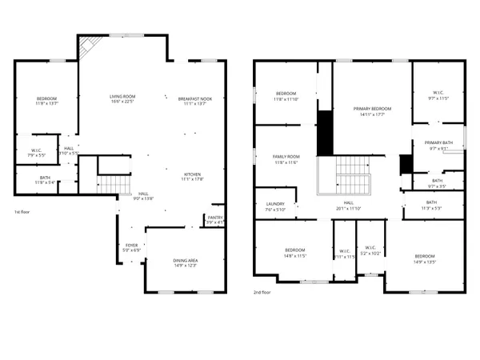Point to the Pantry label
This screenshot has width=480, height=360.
pyautogui.click(x=214, y=217)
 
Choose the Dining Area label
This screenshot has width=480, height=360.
pyautogui.click(x=186, y=261)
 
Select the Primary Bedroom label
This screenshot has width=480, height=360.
pyautogui.click(x=372, y=108)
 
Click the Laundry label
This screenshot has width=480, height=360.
pyautogui.click(x=275, y=204)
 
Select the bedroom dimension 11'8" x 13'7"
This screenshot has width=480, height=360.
pyautogui.click(x=46, y=103)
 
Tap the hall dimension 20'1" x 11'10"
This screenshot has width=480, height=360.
pyautogui.click(x=349, y=209)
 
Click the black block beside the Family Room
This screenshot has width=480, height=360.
pyautogui.click(x=325, y=134)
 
